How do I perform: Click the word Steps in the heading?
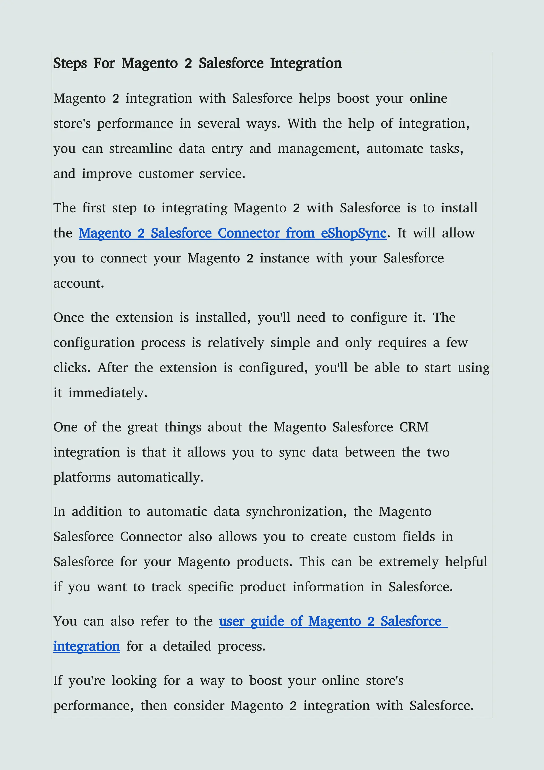click(70, 63)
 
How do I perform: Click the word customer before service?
click(166, 174)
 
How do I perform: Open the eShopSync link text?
click(353, 233)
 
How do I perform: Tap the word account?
click(78, 283)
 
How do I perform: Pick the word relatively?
click(236, 343)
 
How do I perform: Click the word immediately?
click(108, 393)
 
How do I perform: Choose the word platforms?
click(82, 478)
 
